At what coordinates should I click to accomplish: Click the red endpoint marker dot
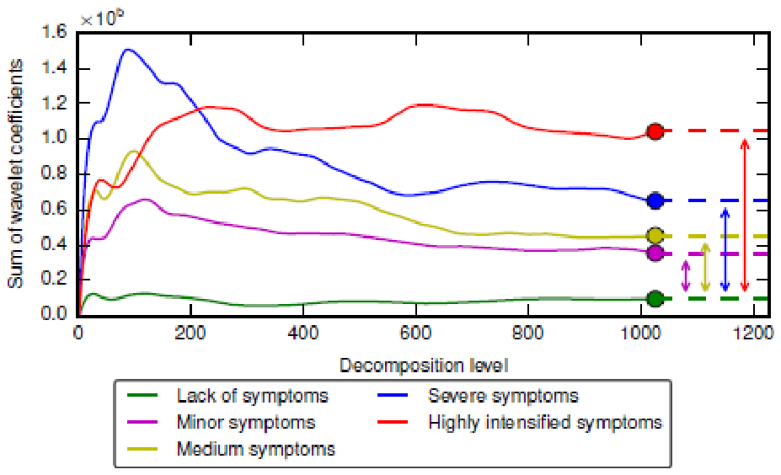[x=655, y=131]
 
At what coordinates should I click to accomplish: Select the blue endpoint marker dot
[x=655, y=200]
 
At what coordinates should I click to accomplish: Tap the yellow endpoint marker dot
[x=655, y=236]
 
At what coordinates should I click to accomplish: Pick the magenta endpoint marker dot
[x=655, y=253]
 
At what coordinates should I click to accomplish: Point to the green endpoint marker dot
[x=655, y=299]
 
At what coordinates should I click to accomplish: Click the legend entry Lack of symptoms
[x=228, y=396]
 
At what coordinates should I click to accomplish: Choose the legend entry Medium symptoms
[x=232, y=449]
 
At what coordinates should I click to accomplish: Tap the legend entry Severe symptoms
[x=479, y=396]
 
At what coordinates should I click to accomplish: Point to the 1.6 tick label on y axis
[x=54, y=32]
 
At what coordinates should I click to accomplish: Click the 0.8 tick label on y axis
[x=54, y=174]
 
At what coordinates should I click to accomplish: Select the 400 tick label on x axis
[x=303, y=332]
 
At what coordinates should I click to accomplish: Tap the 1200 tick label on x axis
[x=753, y=332]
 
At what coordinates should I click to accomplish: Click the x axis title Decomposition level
[x=424, y=366]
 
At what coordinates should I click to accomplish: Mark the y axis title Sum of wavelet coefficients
[x=15, y=173]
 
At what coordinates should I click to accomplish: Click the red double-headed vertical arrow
[x=745, y=215]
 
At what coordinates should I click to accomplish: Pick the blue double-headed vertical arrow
[x=725, y=249]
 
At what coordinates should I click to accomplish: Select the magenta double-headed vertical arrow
[x=686, y=276]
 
